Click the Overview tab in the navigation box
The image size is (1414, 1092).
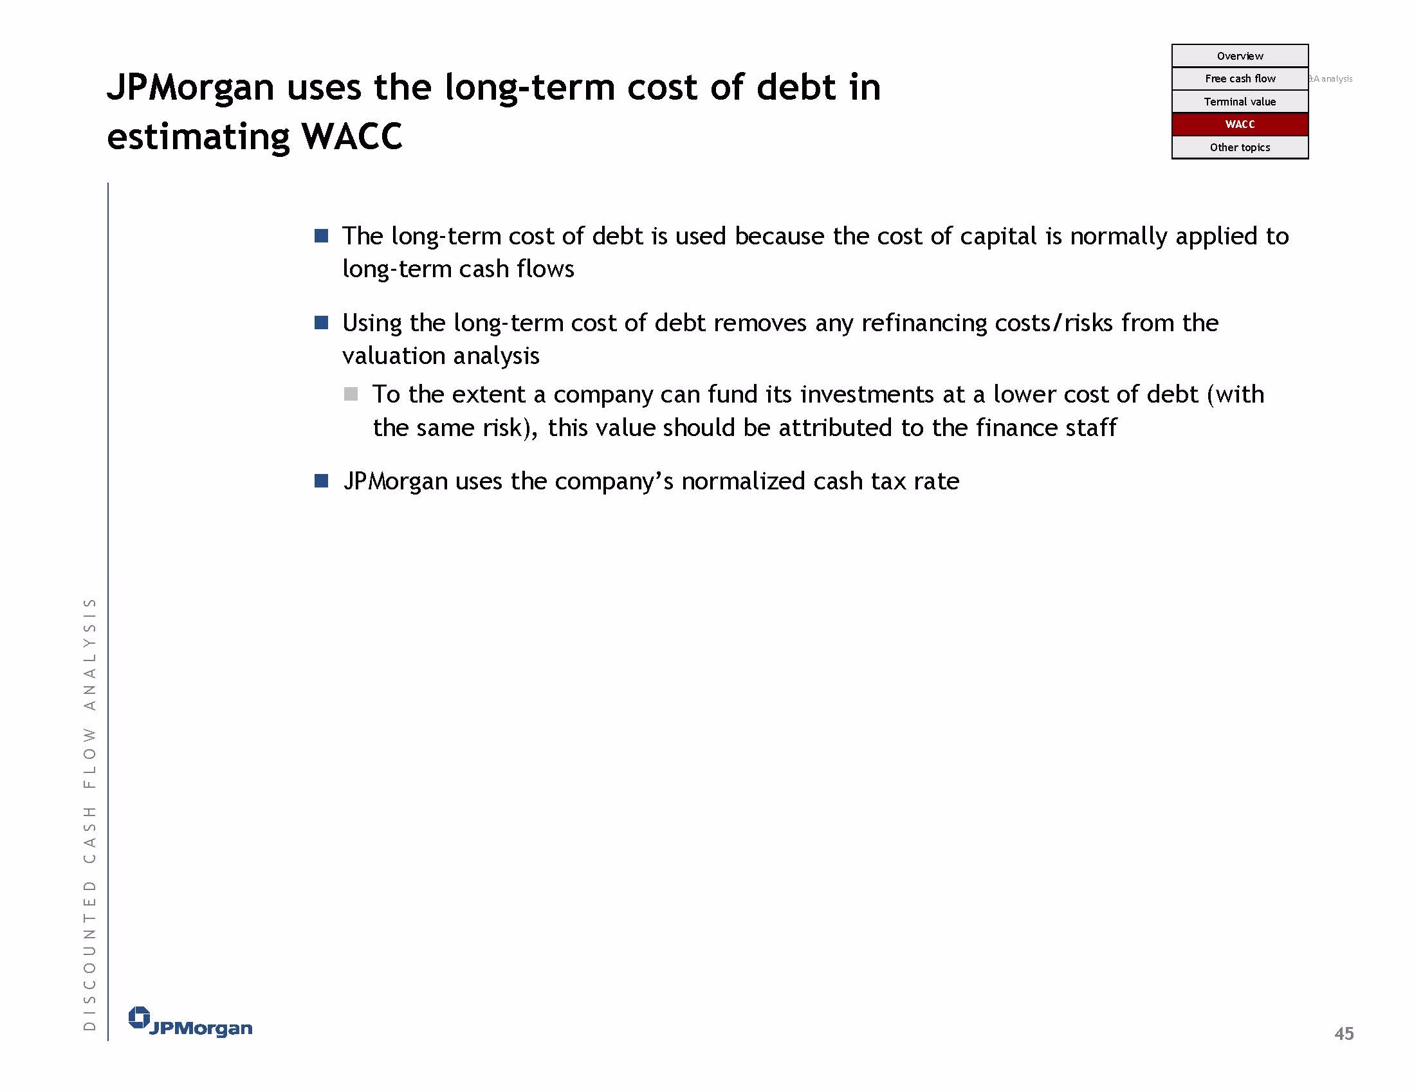point(1239,56)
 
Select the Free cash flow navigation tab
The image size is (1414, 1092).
point(1239,78)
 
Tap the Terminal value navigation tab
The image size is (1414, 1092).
point(1239,102)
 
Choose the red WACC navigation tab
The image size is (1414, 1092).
point(1239,124)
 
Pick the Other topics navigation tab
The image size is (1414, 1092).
point(1239,147)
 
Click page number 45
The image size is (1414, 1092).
point(1343,1033)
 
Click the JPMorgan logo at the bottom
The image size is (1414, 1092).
point(190,1022)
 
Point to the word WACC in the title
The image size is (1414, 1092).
point(351,136)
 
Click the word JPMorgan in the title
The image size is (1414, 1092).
point(190,88)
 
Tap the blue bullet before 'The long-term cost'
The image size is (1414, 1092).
point(321,235)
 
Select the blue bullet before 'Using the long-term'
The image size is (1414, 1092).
point(321,322)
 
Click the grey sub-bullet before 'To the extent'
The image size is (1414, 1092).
point(351,394)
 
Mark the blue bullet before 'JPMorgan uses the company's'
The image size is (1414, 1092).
point(321,481)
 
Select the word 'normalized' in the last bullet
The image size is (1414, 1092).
point(743,482)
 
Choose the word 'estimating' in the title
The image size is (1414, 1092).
point(198,138)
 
